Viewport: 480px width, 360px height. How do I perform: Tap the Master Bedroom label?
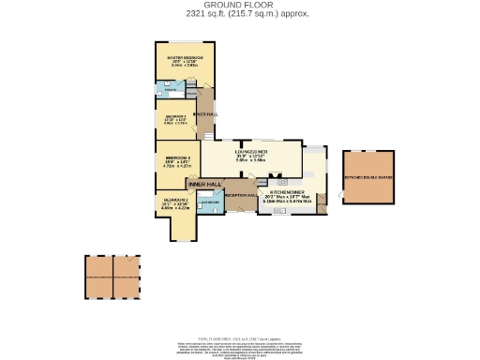coord(185,58)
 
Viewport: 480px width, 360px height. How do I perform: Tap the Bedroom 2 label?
coord(172,200)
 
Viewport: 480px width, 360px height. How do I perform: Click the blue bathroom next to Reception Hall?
coord(212,202)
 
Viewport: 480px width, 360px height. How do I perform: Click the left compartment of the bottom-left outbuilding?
coord(98,277)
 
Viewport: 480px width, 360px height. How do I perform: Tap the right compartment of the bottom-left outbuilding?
coord(127,277)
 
